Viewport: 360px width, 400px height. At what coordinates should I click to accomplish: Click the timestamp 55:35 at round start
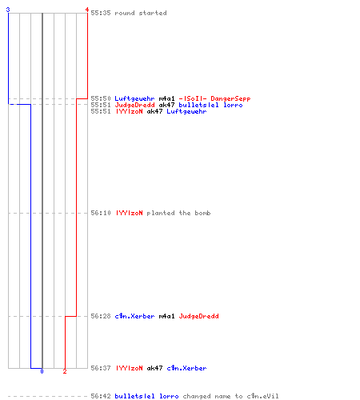point(101,13)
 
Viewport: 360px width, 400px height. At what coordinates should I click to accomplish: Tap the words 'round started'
point(141,13)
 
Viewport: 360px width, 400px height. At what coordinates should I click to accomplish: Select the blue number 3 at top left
point(8,10)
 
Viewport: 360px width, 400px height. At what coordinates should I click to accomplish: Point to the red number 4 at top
point(87,10)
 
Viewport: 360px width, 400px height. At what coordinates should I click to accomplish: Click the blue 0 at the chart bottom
point(42,371)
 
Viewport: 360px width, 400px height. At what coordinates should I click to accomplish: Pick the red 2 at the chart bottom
point(65,371)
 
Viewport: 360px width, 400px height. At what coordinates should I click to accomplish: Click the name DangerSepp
point(230,98)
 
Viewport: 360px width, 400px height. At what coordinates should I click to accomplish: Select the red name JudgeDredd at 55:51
point(134,105)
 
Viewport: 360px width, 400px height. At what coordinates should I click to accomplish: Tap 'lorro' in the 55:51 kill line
point(233,105)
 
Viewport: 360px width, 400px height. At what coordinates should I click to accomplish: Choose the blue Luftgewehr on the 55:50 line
point(134,98)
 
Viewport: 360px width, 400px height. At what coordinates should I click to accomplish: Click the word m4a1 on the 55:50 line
point(166,98)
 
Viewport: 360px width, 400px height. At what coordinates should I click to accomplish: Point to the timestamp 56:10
point(101,213)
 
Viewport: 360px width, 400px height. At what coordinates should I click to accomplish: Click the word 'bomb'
point(202,213)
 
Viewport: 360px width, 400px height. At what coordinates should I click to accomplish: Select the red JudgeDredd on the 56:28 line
point(198,316)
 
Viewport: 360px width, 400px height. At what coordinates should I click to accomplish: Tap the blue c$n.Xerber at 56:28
point(134,316)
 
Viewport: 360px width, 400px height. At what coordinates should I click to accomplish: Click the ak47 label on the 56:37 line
point(154,368)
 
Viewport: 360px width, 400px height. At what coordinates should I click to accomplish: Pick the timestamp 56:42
point(101,396)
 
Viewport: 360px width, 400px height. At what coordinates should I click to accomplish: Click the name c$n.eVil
point(262,396)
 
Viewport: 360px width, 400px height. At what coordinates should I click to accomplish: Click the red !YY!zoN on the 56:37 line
point(129,368)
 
